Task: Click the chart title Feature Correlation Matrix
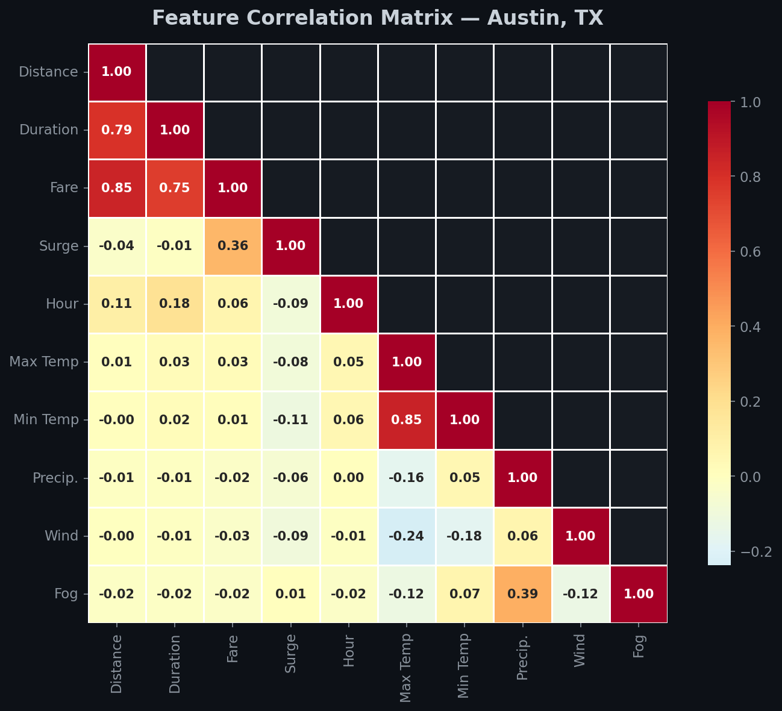click(378, 18)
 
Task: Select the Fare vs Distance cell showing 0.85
click(117, 188)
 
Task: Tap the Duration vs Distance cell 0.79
click(117, 130)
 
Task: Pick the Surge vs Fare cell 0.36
click(233, 246)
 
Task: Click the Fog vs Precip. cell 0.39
click(522, 594)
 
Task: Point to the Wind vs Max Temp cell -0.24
click(406, 536)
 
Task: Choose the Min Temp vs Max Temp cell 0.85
click(406, 420)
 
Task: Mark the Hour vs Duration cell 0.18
click(175, 304)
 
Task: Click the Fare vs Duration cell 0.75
click(175, 188)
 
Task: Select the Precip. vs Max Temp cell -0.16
click(406, 478)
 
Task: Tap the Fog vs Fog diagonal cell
click(639, 594)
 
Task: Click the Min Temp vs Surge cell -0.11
click(290, 420)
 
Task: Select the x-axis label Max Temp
click(406, 668)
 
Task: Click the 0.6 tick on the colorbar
click(746, 252)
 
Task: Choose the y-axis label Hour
click(62, 304)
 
